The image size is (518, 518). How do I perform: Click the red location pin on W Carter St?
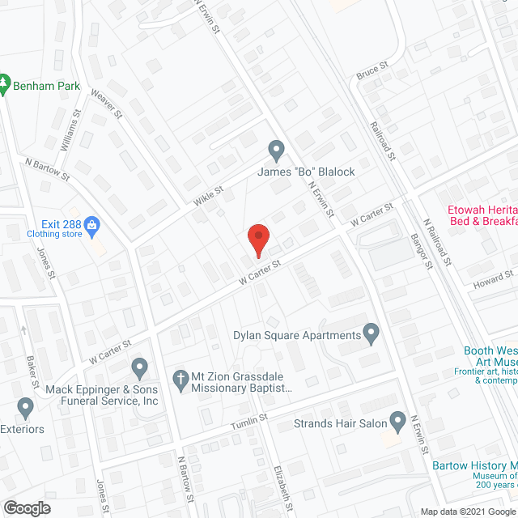pyautogui.click(x=257, y=239)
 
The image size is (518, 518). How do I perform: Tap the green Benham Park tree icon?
pyautogui.click(x=5, y=83)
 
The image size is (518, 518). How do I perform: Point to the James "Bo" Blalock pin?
pyautogui.click(x=276, y=150)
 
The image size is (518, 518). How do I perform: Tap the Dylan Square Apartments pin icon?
pyautogui.click(x=372, y=332)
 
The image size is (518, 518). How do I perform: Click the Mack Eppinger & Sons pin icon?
pyautogui.click(x=139, y=368)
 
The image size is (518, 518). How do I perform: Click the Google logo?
pyautogui.click(x=26, y=507)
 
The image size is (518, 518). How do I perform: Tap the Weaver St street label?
pyautogui.click(x=106, y=104)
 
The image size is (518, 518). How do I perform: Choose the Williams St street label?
pyautogui.click(x=70, y=129)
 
